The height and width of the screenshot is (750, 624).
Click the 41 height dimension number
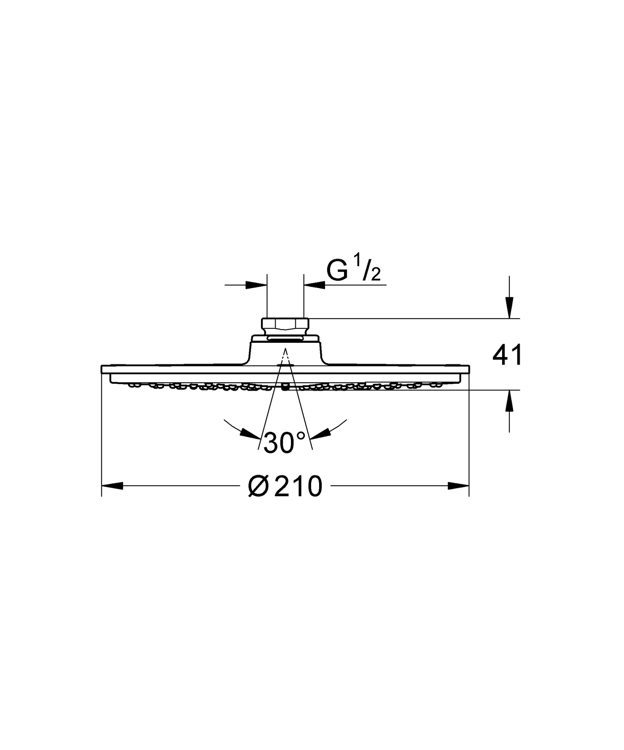[507, 355]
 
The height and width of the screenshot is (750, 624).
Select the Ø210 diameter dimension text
[285, 486]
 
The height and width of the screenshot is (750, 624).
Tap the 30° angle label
[284, 442]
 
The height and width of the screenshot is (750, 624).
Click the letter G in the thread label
[337, 271]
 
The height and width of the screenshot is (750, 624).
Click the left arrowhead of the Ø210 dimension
[112, 486]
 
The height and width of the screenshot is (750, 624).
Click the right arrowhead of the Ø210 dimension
[459, 486]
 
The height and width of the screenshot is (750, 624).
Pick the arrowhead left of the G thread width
[257, 285]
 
